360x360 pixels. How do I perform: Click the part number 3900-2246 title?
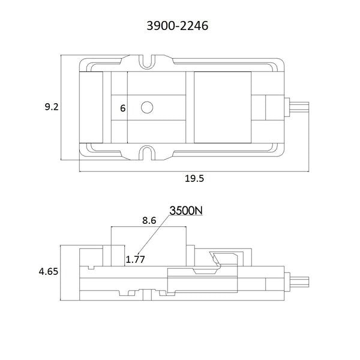click(178, 25)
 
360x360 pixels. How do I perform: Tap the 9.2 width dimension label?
click(52, 107)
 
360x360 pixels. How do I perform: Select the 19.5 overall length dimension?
click(194, 178)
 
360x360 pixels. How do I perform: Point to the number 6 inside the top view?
click(123, 108)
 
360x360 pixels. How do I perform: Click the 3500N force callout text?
click(186, 211)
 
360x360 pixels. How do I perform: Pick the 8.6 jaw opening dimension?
click(149, 220)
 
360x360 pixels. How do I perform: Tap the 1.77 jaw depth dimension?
click(136, 259)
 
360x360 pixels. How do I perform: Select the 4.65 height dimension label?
click(49, 272)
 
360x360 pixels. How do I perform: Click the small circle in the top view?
click(147, 107)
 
